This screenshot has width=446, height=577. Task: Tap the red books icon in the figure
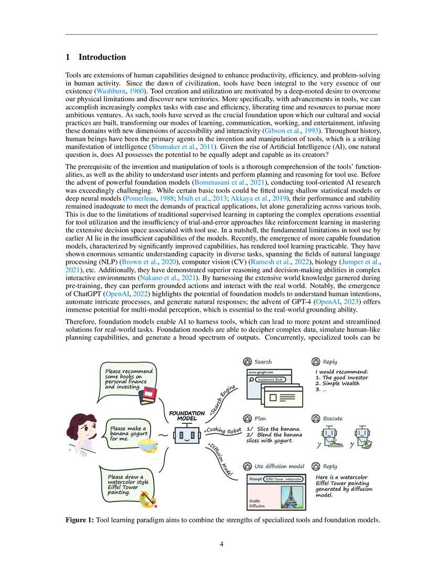(x=148, y=394)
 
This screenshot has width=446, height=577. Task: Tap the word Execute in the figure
(x=333, y=419)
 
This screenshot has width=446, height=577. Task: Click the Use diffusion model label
(x=280, y=466)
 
